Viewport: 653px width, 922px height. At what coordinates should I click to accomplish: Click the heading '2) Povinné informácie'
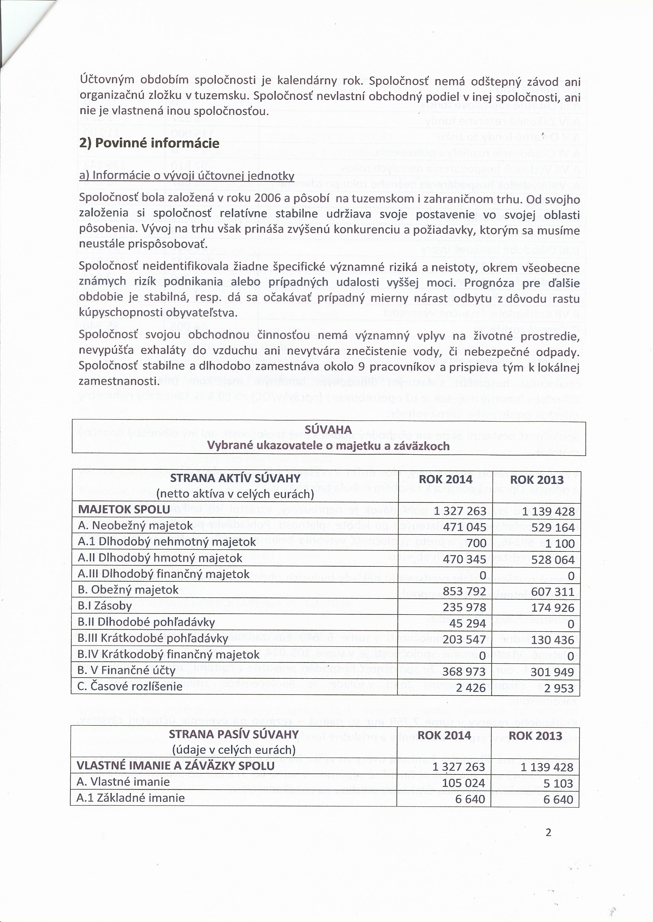pos(149,143)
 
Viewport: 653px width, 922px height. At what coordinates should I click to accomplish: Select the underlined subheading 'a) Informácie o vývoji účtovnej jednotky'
pos(187,176)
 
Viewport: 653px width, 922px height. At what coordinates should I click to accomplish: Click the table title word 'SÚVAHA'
pos(328,430)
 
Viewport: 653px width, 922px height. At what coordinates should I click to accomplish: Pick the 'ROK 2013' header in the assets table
pos(536,479)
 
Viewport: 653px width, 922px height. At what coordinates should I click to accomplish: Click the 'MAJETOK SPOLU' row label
pos(124,509)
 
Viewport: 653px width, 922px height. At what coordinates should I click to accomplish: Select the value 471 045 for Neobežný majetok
pos(465,527)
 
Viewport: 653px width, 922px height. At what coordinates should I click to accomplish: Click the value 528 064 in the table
pos(552,559)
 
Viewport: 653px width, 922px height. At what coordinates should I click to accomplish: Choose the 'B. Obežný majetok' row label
pos(128,590)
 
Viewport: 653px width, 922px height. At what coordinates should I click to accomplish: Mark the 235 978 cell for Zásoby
pos(465,607)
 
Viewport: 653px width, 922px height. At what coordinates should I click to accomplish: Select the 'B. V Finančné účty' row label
pos(126,670)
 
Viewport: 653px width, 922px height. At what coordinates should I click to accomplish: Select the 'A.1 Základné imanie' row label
pos(131,798)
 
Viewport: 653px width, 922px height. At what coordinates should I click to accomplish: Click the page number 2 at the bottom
pos(548,832)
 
